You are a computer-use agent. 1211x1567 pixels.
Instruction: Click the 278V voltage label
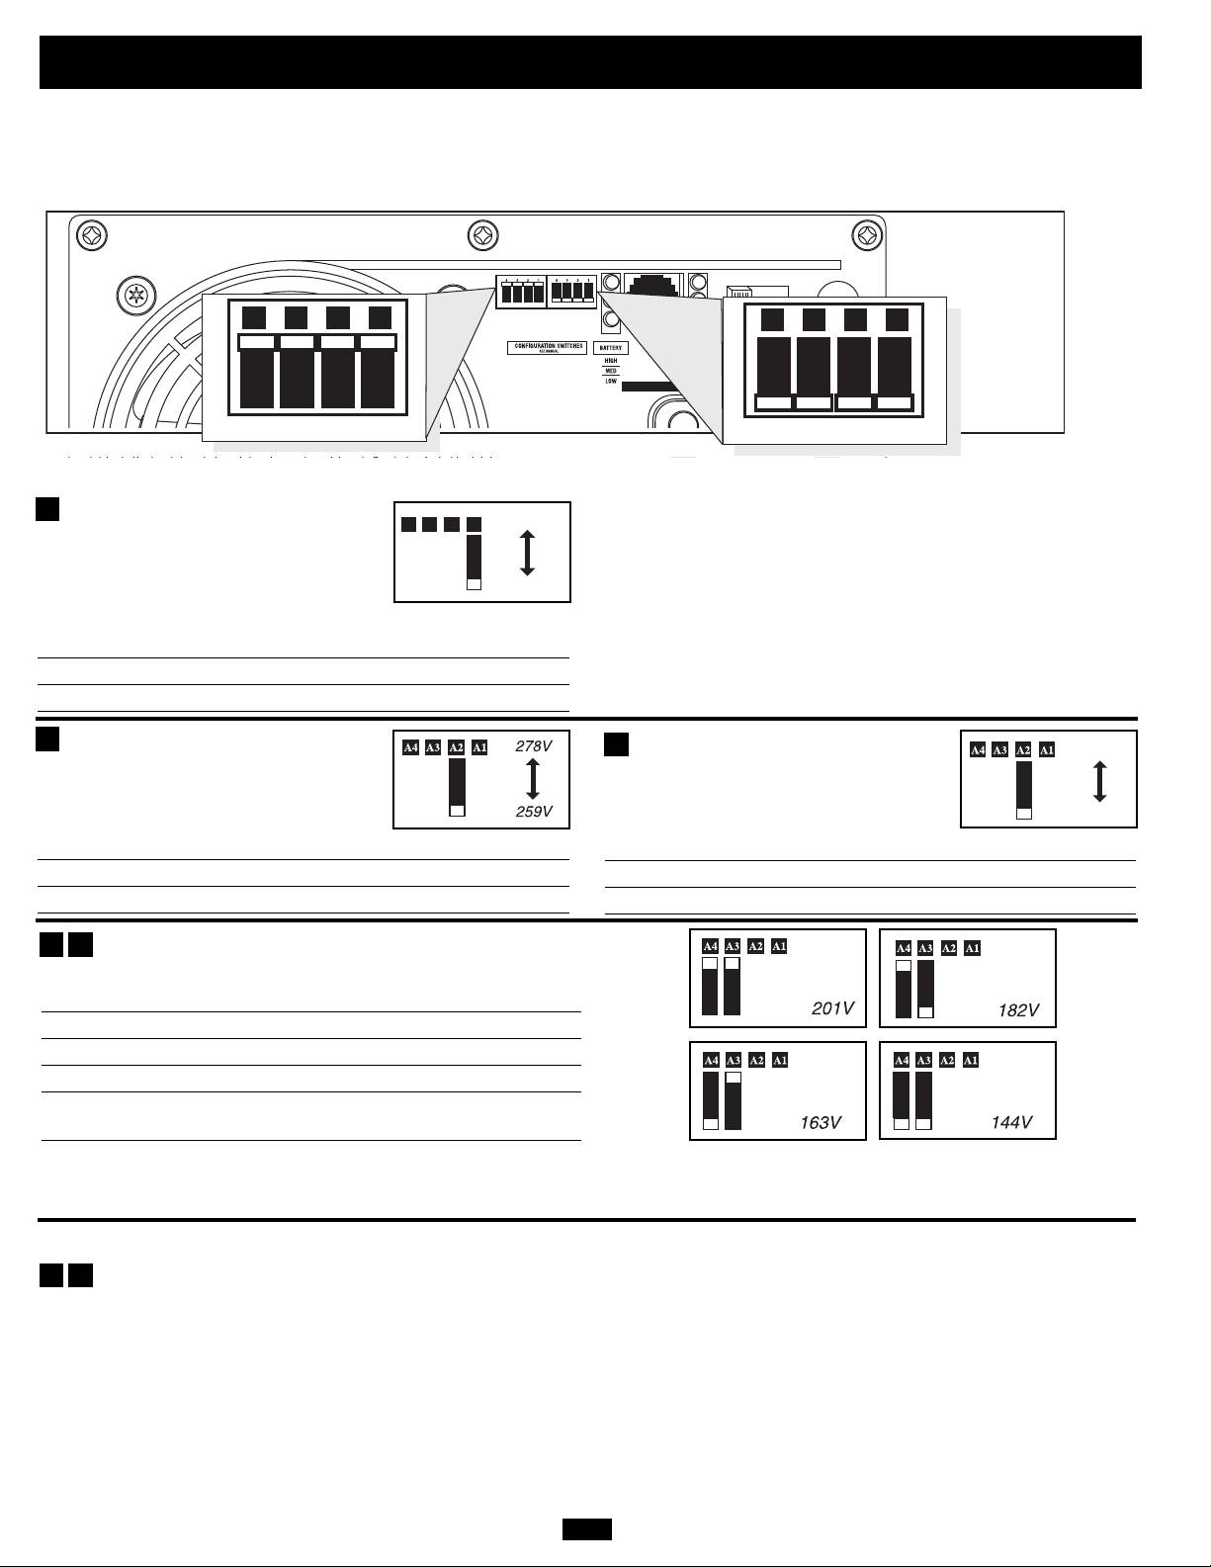pos(534,747)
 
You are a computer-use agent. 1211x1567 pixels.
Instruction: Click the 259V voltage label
pos(534,812)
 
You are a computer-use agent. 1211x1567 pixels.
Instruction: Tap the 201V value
pos(831,1008)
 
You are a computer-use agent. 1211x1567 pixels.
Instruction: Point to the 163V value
pos(821,1122)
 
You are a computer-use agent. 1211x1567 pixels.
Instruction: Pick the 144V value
pos(1011,1122)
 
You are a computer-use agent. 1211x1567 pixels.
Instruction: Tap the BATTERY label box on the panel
pos(611,348)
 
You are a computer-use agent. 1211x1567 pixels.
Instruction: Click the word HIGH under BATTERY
pos(611,361)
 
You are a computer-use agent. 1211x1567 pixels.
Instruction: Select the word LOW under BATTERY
pos(611,381)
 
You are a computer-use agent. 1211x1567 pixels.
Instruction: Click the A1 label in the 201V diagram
pos(779,946)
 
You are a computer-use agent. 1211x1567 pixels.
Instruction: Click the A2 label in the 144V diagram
pos(947,1060)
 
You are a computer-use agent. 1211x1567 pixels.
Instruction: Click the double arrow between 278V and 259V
pos(533,779)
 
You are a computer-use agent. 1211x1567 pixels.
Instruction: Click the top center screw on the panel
pos(482,236)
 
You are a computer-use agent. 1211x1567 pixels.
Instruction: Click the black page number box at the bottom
pos(587,1529)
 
